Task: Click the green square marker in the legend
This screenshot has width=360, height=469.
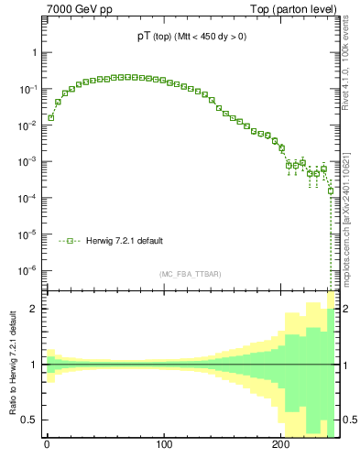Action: pos(70,241)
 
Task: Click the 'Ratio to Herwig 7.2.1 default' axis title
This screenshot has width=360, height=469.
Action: pos(12,365)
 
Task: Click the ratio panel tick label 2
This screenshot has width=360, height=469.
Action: pos(33,310)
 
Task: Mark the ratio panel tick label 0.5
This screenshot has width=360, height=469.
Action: pos(29,420)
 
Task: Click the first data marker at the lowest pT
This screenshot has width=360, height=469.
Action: pos(51,117)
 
